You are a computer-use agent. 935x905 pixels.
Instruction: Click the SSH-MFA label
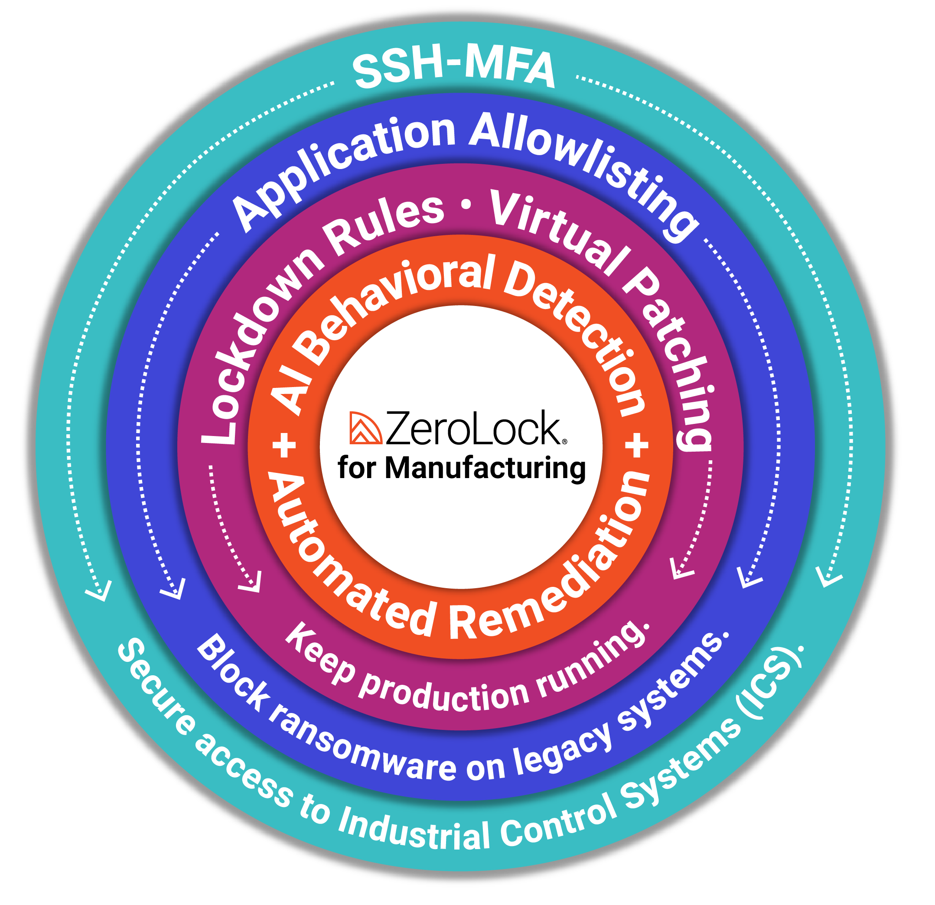coord(453,70)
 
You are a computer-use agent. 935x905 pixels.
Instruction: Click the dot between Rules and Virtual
coord(466,205)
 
